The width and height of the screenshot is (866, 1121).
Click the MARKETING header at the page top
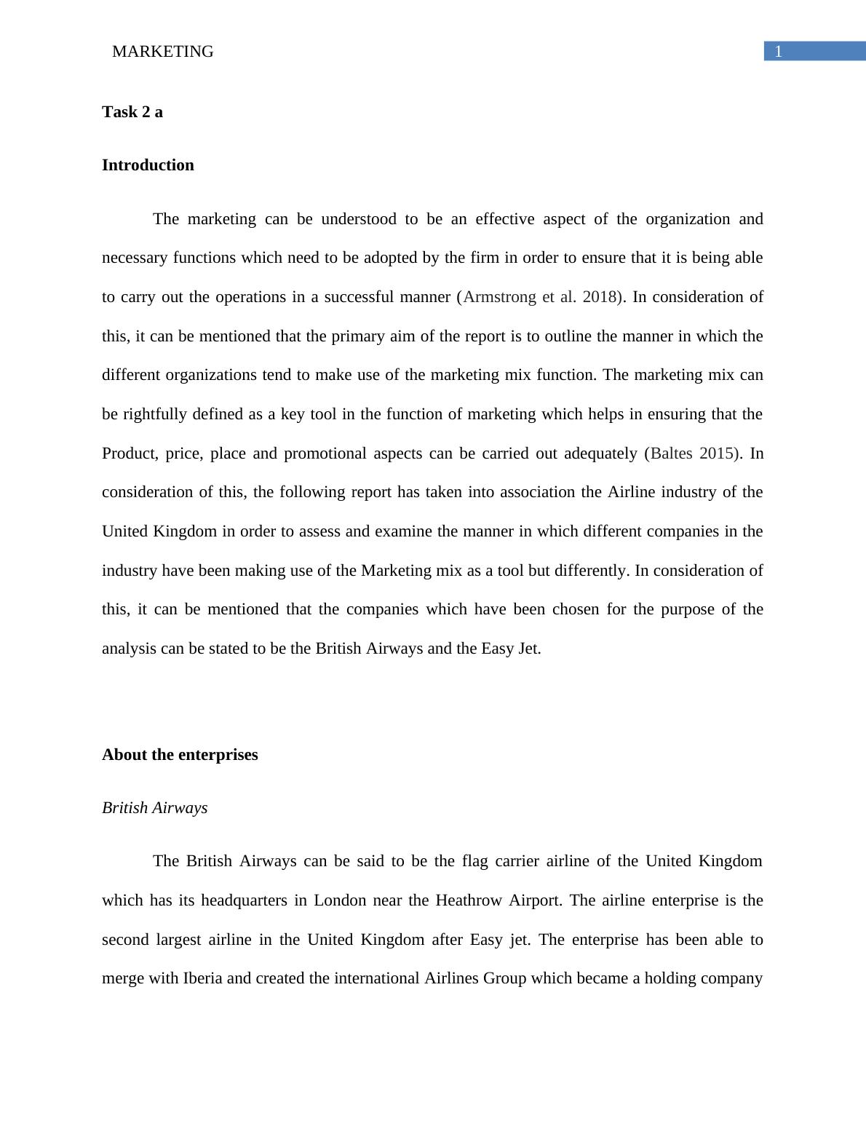163,52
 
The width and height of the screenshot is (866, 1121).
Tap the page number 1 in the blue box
778,52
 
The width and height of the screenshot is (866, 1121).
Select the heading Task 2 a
132,112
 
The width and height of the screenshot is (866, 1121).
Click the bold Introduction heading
148,165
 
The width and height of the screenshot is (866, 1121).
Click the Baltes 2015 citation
692,453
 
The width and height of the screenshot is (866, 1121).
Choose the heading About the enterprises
180,755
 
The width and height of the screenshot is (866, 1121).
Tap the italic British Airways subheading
154,808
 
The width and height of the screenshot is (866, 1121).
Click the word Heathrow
469,900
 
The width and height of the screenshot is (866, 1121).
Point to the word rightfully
154,414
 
